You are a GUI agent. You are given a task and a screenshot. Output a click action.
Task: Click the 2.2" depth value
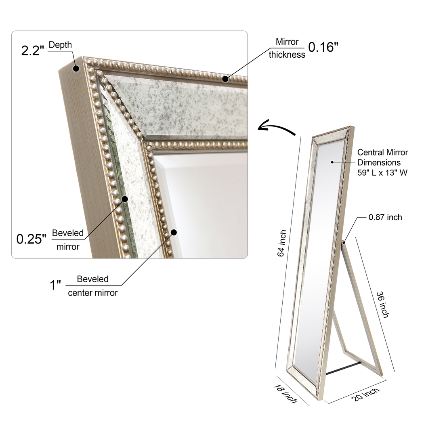coord(32,50)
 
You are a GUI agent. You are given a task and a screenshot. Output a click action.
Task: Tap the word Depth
coord(60,45)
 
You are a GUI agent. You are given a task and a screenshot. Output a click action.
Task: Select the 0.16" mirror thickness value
coord(323,47)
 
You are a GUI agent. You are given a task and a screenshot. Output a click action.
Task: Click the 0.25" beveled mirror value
coord(31,239)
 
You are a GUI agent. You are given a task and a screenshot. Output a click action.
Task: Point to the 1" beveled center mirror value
coord(55,285)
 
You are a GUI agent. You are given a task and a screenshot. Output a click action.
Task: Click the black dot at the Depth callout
coord(76,68)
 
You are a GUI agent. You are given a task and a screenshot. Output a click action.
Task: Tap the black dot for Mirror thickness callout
coord(225,79)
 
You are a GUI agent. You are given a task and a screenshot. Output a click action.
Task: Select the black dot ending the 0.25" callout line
coord(125,199)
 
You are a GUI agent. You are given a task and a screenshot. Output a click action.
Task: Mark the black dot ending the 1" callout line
coord(174,232)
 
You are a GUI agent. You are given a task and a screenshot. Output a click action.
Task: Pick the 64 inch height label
coord(282,243)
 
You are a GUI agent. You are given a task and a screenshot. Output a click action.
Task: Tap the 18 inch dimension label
coord(285,394)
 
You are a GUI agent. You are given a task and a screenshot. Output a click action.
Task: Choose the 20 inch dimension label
coord(365,395)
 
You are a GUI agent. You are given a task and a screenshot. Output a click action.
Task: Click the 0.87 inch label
coord(385,217)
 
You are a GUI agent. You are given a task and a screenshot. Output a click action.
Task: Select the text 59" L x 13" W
coord(382,172)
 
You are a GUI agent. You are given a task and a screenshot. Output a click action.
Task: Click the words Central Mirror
coord(382,152)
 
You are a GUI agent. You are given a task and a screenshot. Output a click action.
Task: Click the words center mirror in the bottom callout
coord(93,293)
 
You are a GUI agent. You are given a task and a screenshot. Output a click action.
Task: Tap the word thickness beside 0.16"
coord(287,55)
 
